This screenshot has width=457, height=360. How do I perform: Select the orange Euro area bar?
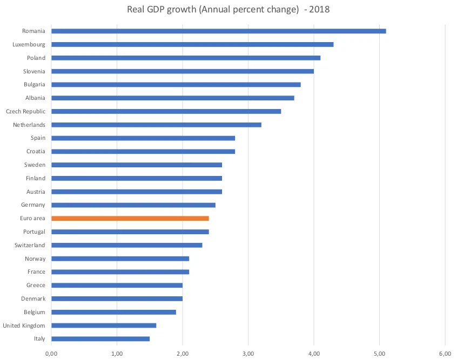(x=130, y=219)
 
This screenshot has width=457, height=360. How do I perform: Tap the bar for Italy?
(x=100, y=339)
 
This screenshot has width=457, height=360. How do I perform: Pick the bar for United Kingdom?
(x=104, y=325)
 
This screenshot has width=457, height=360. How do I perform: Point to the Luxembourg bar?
(x=192, y=44)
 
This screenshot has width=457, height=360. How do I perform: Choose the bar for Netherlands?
(x=156, y=125)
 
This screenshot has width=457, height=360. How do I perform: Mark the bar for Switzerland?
(x=127, y=245)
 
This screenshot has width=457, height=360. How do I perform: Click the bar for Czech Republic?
(x=166, y=111)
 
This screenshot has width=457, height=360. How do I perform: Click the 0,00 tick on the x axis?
(x=51, y=354)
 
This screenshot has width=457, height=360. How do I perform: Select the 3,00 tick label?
(x=248, y=354)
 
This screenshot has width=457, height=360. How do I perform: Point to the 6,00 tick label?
(x=445, y=354)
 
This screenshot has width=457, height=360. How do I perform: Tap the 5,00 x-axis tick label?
(x=379, y=354)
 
